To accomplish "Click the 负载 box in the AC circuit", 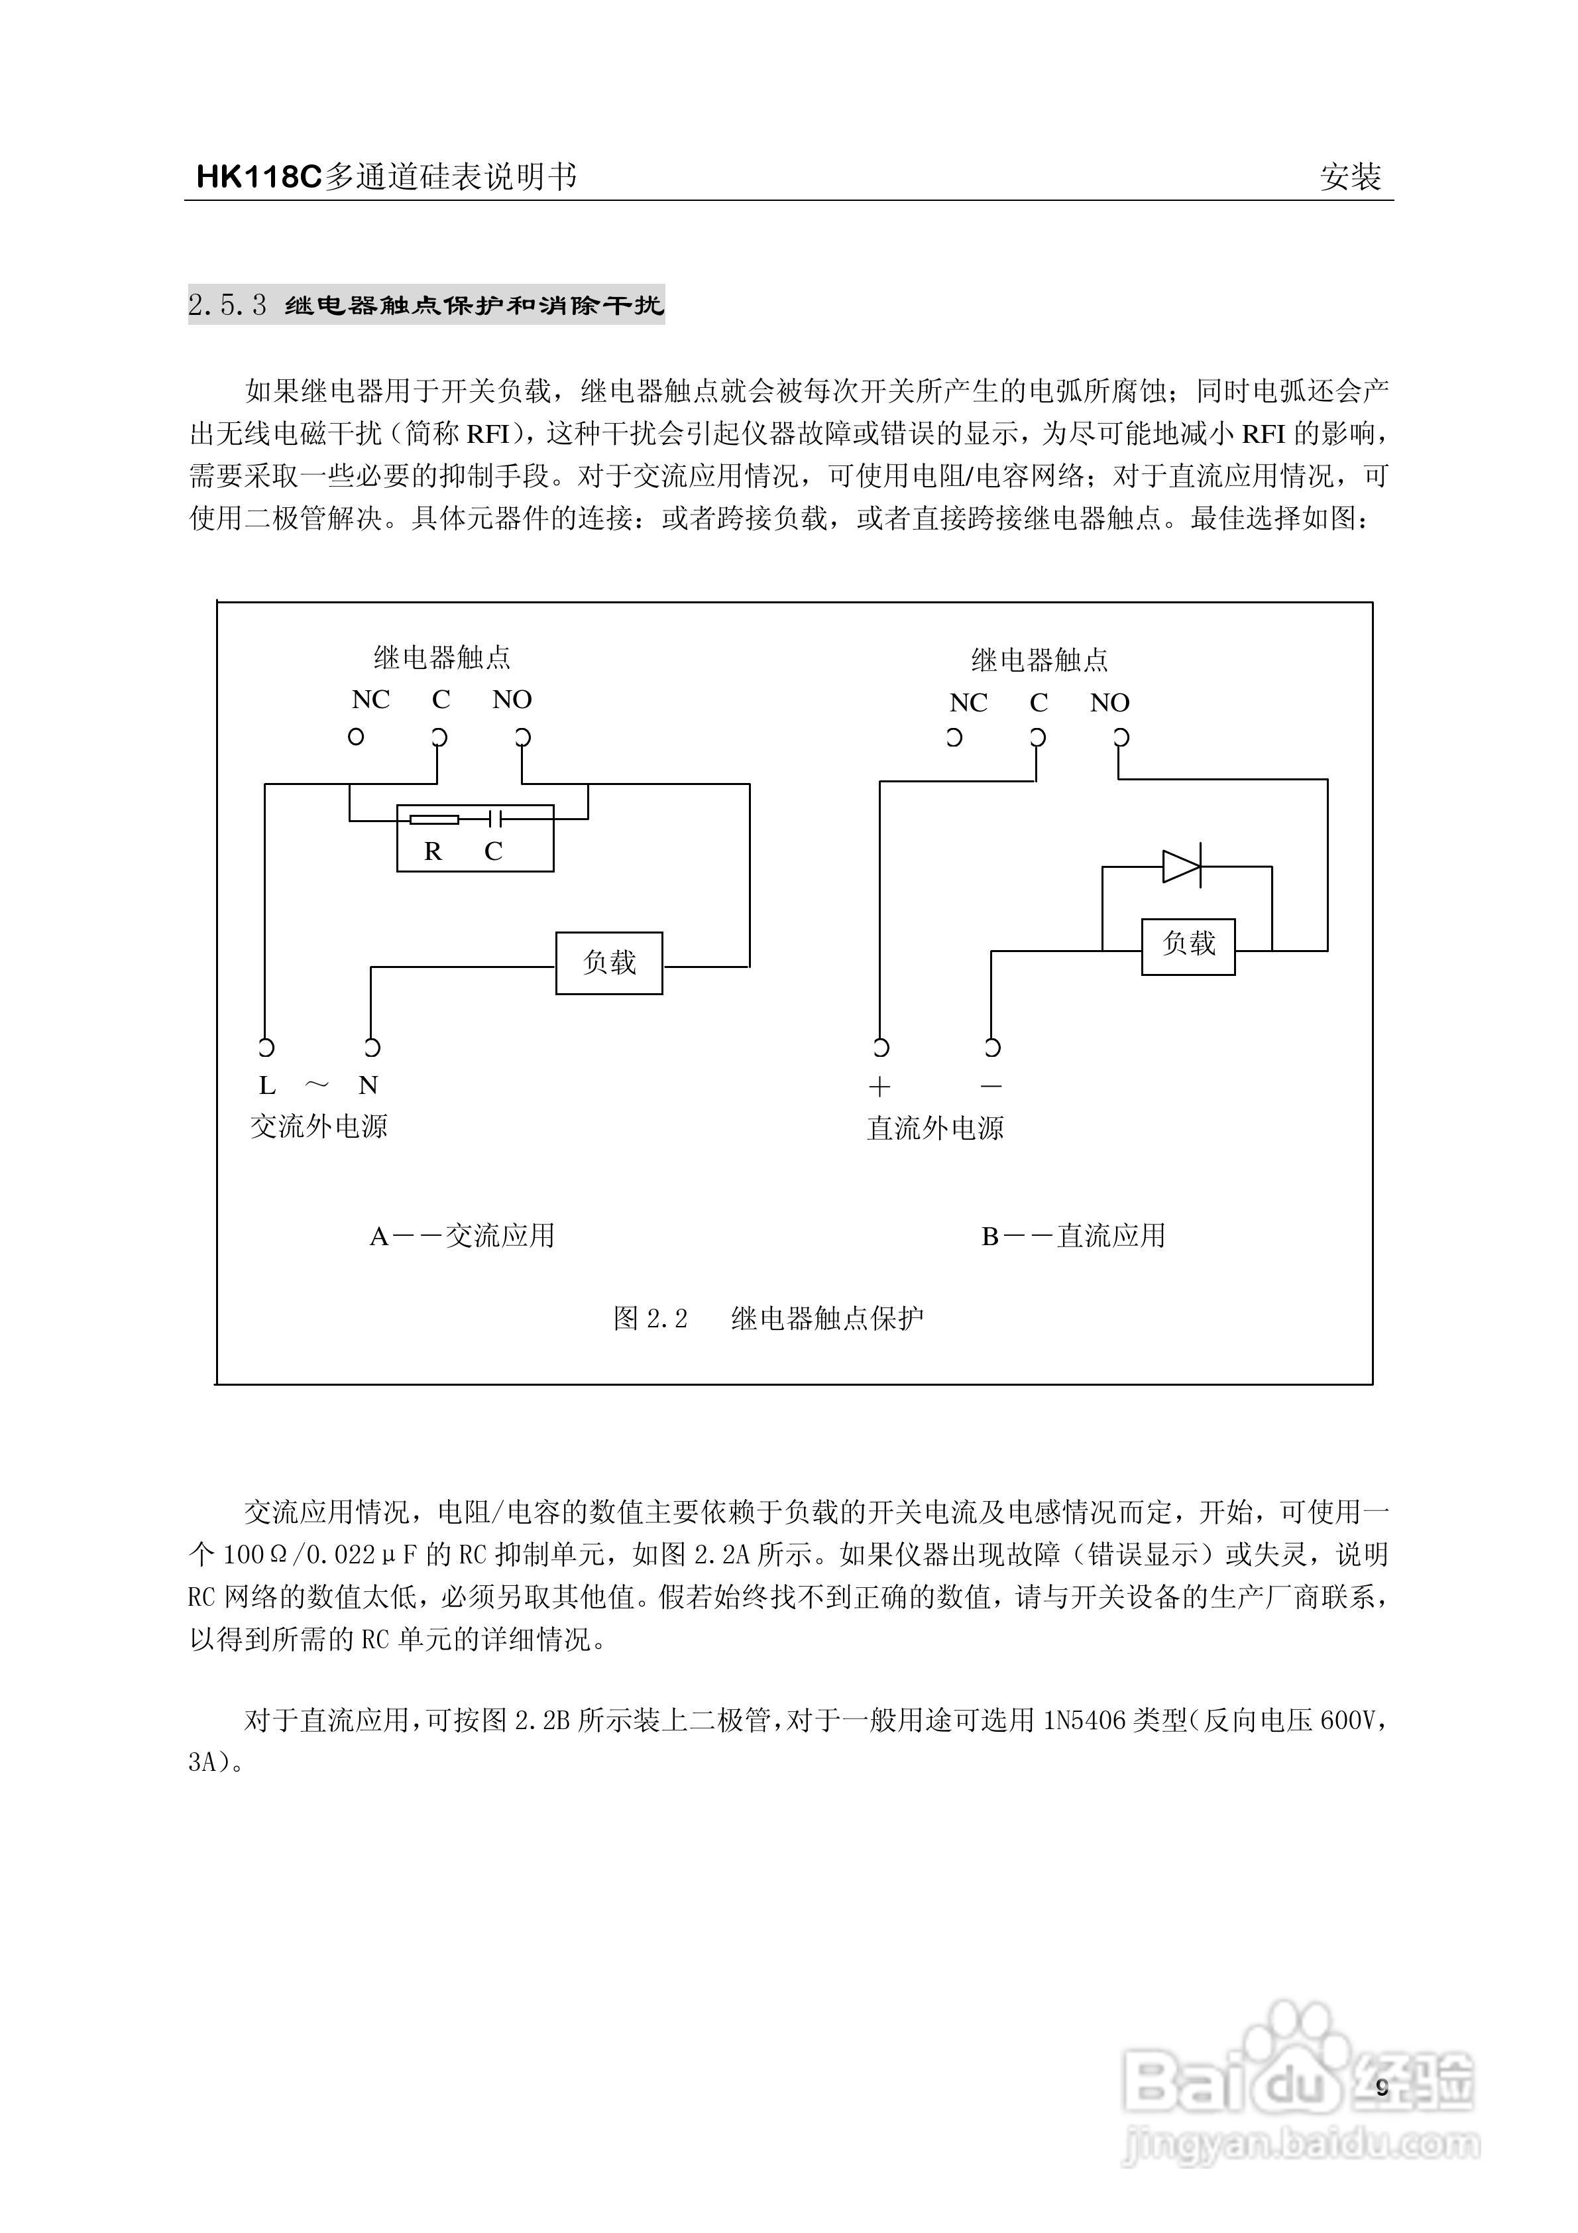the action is click(x=608, y=963).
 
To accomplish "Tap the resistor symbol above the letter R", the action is click(x=433, y=819).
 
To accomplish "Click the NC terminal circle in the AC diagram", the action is click(x=356, y=736).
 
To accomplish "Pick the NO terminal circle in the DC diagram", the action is click(x=1120, y=737).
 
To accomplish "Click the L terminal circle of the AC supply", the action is click(x=266, y=1048).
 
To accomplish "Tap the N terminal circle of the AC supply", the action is click(x=371, y=1048).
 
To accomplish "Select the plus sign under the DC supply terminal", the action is click(x=880, y=1087).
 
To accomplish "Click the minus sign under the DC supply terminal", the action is click(x=991, y=1085).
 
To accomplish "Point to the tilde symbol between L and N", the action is click(x=317, y=1085).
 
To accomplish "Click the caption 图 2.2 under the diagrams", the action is click(x=650, y=1319).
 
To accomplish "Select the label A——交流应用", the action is click(x=462, y=1236).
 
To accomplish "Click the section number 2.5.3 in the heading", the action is click(x=227, y=306).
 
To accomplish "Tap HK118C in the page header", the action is click(x=258, y=177).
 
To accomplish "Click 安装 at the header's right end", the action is click(x=1351, y=177).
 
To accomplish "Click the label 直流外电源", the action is click(x=935, y=1128).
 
